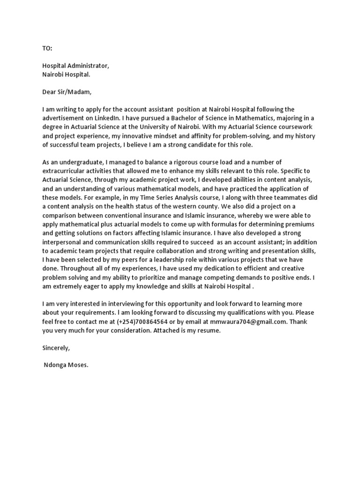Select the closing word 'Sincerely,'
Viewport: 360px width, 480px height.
pyautogui.click(x=56, y=348)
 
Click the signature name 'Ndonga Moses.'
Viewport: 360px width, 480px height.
pyautogui.click(x=66, y=365)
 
